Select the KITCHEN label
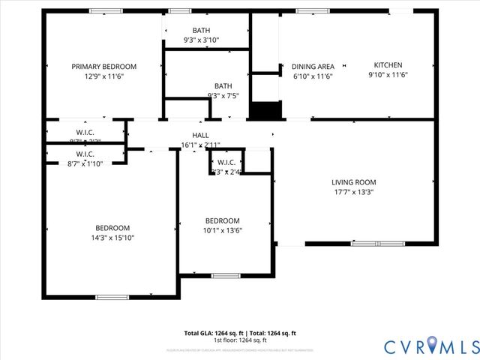tap(388, 65)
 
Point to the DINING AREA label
tap(313, 67)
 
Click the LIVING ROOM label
tap(354, 182)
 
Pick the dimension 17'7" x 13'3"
tap(354, 192)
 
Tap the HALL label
tap(200, 135)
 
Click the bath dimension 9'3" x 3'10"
tap(201, 40)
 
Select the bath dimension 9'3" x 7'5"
tap(223, 95)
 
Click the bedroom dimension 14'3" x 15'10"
tap(112, 238)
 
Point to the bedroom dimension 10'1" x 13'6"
tap(223, 230)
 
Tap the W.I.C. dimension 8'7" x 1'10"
tap(85, 163)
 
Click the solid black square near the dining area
tap(265, 110)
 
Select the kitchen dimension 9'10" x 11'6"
tap(388, 75)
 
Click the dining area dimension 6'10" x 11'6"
tap(313, 76)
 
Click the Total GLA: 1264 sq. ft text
tap(211, 333)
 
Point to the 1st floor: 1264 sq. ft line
tap(240, 340)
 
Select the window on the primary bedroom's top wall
tap(106, 10)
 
